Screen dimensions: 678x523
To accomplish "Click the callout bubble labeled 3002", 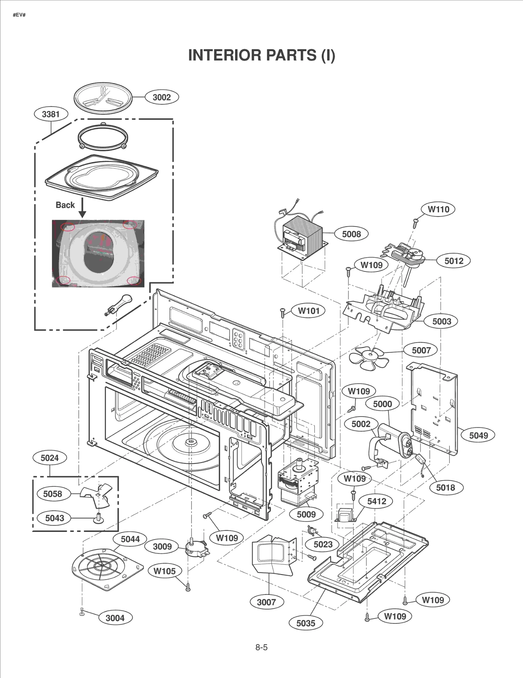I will (x=162, y=97).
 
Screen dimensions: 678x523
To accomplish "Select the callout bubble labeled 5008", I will (x=351, y=234).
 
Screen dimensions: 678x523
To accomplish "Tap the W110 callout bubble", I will (x=438, y=209).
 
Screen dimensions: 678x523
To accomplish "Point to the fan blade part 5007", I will (x=369, y=358).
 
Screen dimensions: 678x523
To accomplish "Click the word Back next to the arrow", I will (x=65, y=205).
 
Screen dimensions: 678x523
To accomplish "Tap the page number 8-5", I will (x=261, y=647).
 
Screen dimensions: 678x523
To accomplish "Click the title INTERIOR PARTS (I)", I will (x=261, y=55).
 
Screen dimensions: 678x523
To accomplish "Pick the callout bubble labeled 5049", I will (x=478, y=435).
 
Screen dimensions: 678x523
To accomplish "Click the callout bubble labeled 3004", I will (x=115, y=618).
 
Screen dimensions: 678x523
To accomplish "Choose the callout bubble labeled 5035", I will (x=306, y=623).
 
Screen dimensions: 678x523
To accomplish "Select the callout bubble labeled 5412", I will (x=377, y=501).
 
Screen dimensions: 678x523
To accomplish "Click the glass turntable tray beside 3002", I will (x=103, y=98).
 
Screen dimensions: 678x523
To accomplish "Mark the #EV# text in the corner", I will (x=19, y=15).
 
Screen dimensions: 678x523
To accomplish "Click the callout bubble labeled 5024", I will (x=50, y=458).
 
